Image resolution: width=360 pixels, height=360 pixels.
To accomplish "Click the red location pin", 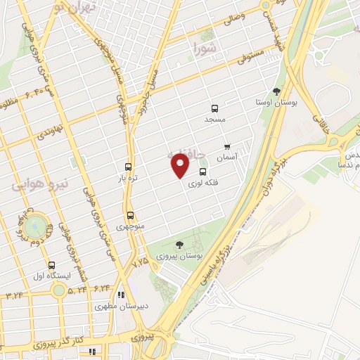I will click(181, 165).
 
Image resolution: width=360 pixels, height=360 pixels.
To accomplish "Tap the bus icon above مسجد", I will click(214, 108).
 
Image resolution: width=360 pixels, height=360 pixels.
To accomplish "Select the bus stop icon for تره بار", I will click(128, 167).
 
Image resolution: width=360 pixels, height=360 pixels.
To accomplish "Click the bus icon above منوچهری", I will click(130, 216).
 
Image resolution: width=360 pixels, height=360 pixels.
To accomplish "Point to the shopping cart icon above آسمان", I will click(226, 147).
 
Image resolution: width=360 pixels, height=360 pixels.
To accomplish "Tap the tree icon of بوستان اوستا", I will click(276, 91).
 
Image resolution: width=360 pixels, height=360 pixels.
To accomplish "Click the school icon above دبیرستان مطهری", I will click(121, 295).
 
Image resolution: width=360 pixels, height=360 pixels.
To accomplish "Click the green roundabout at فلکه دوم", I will click(34, 226).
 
